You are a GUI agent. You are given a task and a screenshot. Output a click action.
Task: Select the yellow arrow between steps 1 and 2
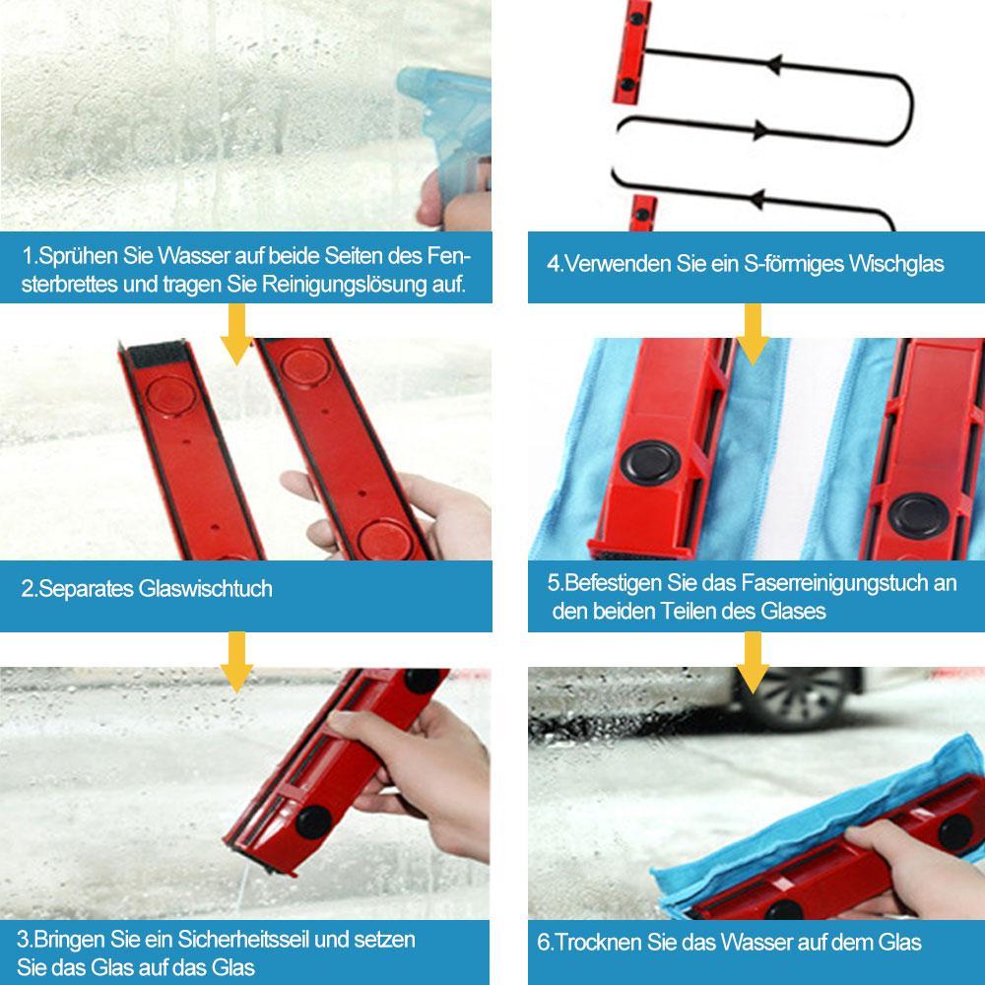[x=235, y=333]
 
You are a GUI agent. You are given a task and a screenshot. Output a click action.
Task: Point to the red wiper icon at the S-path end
[x=643, y=215]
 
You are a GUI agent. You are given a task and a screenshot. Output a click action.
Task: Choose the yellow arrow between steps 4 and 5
[x=753, y=333]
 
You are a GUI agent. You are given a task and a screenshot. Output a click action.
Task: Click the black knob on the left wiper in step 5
[x=647, y=462]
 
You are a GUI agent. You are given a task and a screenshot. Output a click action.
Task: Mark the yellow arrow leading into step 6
[x=753, y=659]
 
